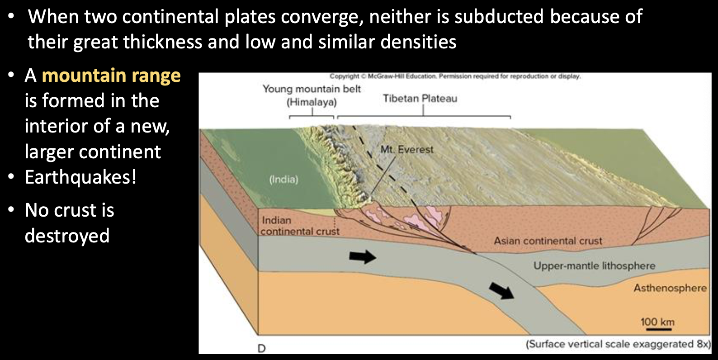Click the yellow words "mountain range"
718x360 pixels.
[111, 76]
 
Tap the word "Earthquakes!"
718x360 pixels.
[81, 177]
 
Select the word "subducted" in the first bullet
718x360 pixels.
[499, 17]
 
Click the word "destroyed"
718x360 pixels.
[67, 236]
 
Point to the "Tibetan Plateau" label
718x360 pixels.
[420, 99]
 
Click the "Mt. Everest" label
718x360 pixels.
[407, 149]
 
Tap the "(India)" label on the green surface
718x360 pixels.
[283, 179]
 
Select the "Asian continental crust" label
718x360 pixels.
[548, 241]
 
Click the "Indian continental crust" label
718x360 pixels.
[300, 226]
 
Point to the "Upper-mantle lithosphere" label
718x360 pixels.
[594, 266]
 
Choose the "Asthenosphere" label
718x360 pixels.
[670, 288]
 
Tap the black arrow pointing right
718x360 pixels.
[363, 257]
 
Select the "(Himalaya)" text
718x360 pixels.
[312, 103]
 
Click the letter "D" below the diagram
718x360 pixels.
[261, 348]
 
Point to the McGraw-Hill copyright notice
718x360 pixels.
[455, 76]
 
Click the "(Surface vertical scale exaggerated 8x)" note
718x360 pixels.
[619, 344]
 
